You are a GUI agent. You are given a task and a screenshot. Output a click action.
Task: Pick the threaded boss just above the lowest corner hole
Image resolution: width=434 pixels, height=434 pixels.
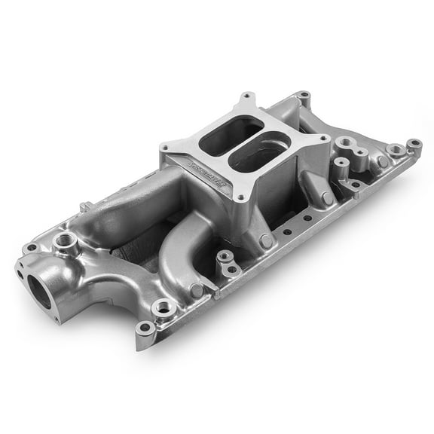163,307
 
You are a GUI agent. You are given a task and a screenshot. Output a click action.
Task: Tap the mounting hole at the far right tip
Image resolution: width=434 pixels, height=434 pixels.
413,143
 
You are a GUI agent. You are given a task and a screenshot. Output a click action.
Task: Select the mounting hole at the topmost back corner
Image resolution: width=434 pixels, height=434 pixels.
304,96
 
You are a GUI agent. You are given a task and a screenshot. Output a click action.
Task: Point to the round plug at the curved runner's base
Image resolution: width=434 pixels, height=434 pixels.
197,289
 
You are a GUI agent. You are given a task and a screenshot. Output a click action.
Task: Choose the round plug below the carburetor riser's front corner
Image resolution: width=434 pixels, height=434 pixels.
266,241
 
